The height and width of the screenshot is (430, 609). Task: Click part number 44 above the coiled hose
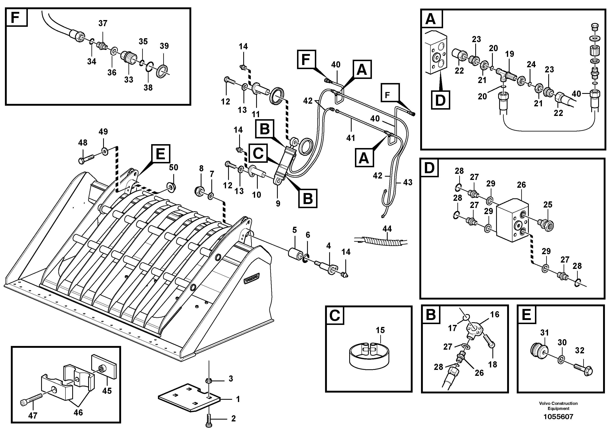(387, 229)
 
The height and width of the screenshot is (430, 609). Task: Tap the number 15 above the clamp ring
(380, 330)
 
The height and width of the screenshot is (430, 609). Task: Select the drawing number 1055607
(558, 417)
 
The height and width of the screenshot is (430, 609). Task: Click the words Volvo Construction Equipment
(558, 406)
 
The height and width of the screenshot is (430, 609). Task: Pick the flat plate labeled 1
(189, 397)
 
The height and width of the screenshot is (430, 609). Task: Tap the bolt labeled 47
(31, 400)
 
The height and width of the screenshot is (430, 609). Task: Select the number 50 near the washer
(173, 167)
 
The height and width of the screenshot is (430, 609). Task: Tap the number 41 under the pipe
(350, 138)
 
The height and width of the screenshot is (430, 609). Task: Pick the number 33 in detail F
(129, 80)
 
